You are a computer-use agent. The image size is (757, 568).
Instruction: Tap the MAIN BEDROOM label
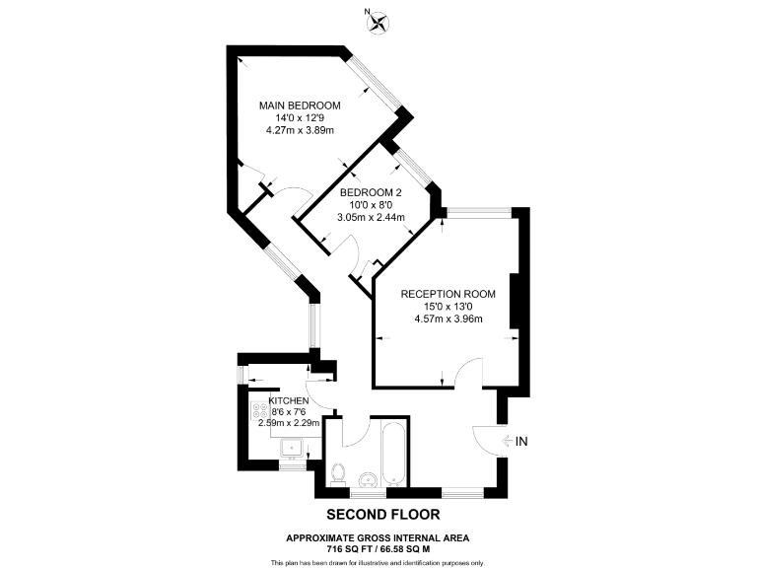tap(300, 106)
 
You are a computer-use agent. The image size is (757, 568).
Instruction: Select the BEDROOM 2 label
tap(372, 193)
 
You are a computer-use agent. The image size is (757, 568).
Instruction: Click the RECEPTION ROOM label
tap(447, 294)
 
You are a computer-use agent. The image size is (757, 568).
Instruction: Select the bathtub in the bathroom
tap(391, 454)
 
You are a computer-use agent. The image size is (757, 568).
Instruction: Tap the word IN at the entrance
tap(522, 440)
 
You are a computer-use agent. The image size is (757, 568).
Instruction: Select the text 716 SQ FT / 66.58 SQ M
tap(378, 547)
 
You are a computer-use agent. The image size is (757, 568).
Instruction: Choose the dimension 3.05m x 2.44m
tap(372, 217)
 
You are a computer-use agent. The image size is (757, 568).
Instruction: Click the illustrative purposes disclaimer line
tap(378, 562)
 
